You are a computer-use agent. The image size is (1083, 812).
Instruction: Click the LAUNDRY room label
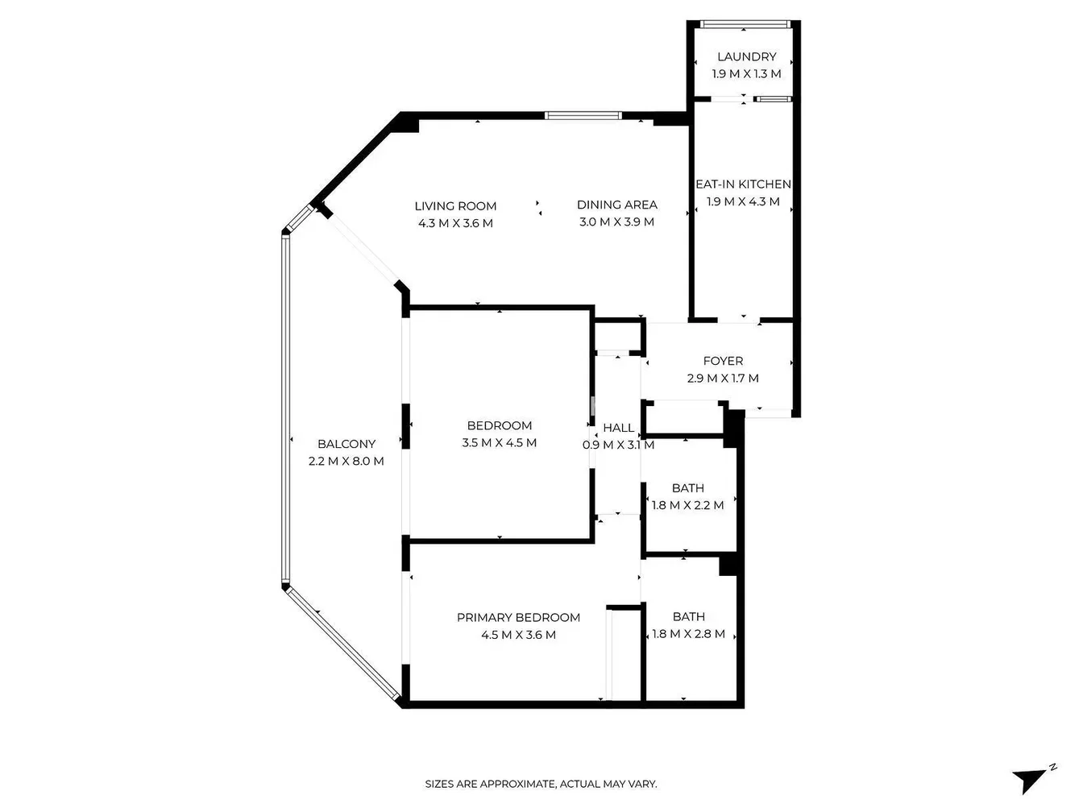click(x=746, y=56)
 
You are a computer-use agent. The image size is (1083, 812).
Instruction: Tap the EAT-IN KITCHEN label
click(x=743, y=184)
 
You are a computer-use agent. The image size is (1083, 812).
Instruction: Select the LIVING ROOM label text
click(x=455, y=206)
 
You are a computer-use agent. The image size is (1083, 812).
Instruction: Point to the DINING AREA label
click(x=616, y=205)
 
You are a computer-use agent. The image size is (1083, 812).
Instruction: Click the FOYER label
click(x=723, y=361)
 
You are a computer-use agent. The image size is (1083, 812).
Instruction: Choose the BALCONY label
click(x=346, y=444)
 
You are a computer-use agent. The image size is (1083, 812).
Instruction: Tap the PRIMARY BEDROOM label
click(x=518, y=617)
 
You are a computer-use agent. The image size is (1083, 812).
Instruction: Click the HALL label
click(x=619, y=428)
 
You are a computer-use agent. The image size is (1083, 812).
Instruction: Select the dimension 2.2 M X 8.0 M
click(x=346, y=461)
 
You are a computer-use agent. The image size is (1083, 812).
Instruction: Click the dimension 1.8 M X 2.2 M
click(x=688, y=505)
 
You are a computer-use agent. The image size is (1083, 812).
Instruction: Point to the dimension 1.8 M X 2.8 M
click(x=689, y=634)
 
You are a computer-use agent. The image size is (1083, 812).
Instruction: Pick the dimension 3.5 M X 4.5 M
click(x=500, y=443)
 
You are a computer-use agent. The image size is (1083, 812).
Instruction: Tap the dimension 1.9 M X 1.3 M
click(x=746, y=74)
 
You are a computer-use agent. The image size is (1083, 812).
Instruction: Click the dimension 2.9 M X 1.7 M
click(x=723, y=378)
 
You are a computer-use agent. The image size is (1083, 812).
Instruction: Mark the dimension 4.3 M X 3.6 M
click(x=455, y=223)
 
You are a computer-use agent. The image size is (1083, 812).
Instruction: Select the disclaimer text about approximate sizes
click(x=541, y=784)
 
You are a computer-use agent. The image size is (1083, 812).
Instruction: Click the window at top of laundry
click(x=745, y=23)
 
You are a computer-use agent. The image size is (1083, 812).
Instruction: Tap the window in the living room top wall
click(x=583, y=115)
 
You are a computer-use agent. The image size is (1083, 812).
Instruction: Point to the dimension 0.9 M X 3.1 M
click(x=619, y=445)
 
